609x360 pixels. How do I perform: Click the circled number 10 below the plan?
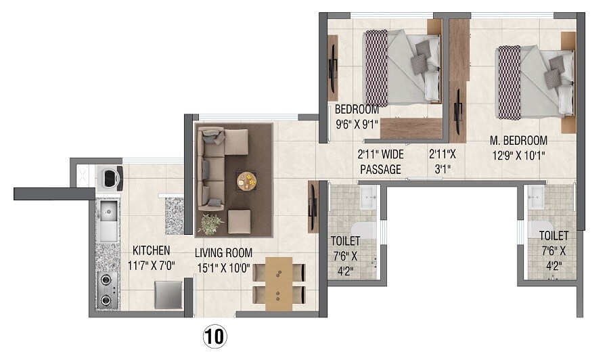(x=215, y=336)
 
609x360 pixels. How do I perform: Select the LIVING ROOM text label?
(x=224, y=252)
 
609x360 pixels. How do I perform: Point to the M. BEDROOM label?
(x=519, y=141)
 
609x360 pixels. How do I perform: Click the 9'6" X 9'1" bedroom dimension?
(x=357, y=124)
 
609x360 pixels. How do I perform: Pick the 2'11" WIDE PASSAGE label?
(x=380, y=162)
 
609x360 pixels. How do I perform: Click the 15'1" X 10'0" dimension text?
(x=223, y=266)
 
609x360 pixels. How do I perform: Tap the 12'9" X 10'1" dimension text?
(x=519, y=154)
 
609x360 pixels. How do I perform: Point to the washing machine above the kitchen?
(x=111, y=177)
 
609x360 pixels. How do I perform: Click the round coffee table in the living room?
(x=247, y=181)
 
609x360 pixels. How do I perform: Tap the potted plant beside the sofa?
(x=210, y=223)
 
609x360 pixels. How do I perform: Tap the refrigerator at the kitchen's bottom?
(x=168, y=294)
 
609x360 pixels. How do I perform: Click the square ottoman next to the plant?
(x=239, y=221)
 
